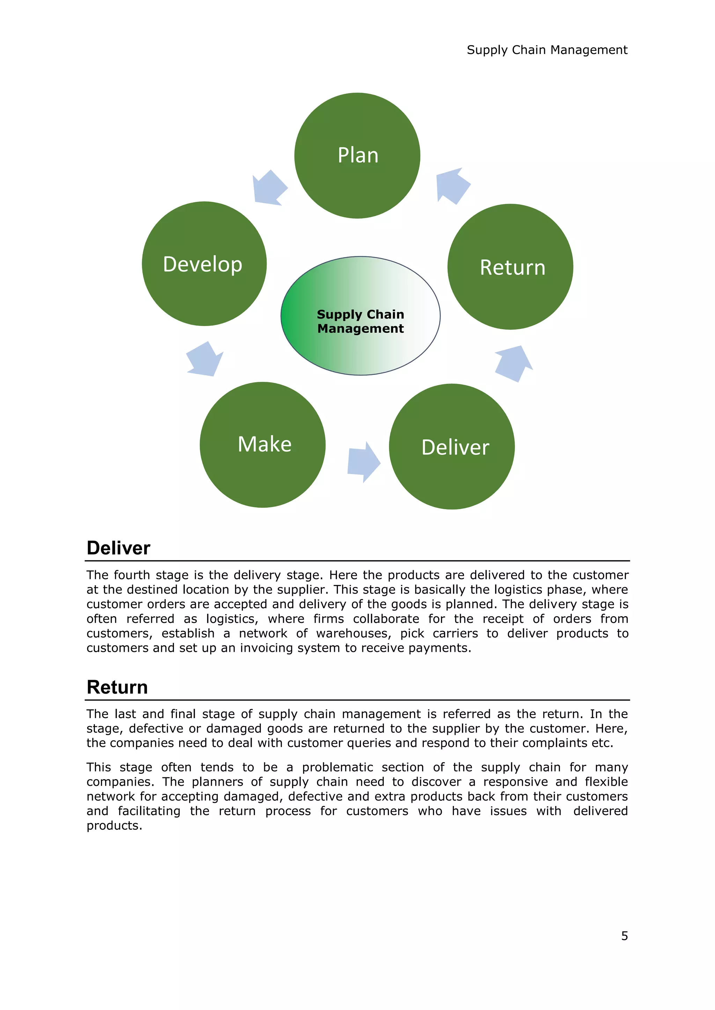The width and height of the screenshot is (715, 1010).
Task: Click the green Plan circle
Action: [x=357, y=155]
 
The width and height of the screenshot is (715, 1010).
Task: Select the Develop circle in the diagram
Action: [x=204, y=264]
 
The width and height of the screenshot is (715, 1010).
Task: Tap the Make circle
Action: [x=263, y=444]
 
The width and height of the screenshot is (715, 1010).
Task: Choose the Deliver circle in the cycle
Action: [x=452, y=446]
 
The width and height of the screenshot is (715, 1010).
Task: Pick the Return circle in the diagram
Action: [x=510, y=266]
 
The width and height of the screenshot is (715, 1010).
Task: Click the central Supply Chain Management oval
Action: [x=360, y=316]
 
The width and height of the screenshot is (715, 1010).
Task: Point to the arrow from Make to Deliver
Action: [x=363, y=462]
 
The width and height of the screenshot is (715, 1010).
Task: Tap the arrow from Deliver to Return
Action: [x=514, y=363]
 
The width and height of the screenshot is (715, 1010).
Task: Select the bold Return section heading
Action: [x=117, y=687]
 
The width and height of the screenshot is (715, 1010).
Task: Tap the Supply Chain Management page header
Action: [x=547, y=50]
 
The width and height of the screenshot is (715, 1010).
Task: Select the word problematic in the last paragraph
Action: [x=337, y=767]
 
